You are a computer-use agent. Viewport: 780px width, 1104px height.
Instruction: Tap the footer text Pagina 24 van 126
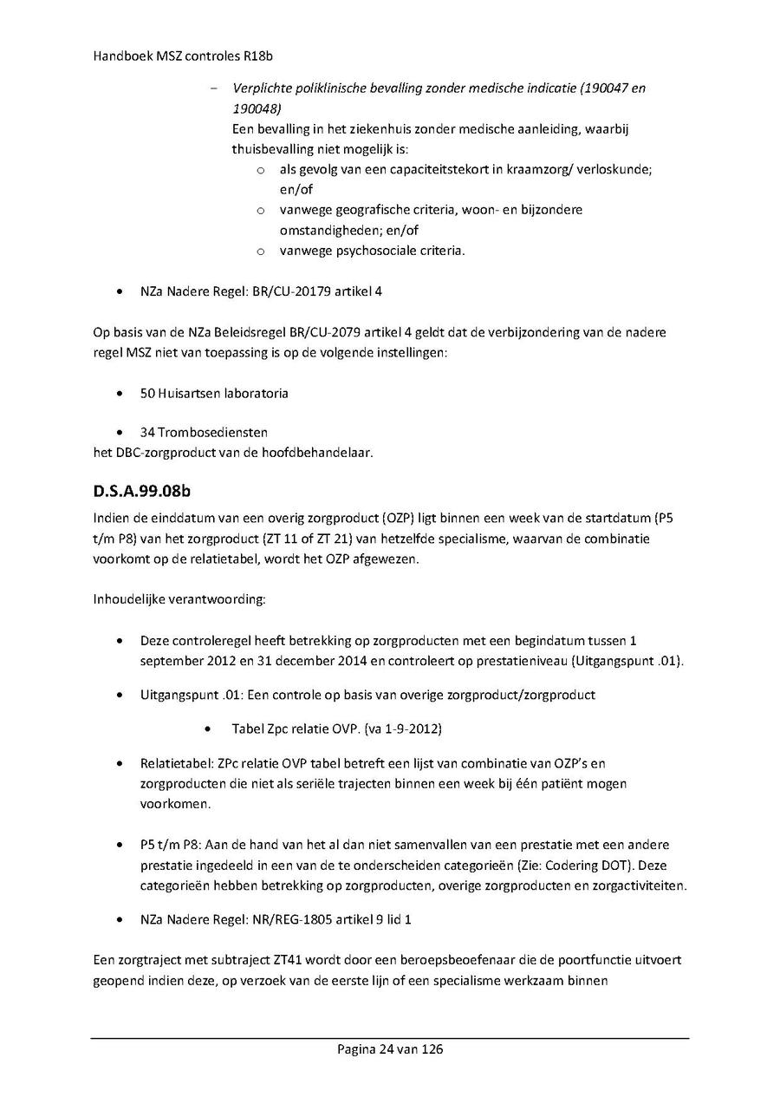390,1049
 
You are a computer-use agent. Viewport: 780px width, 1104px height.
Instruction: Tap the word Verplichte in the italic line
260,88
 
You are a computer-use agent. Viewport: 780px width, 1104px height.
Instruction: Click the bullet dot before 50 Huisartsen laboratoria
119,394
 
